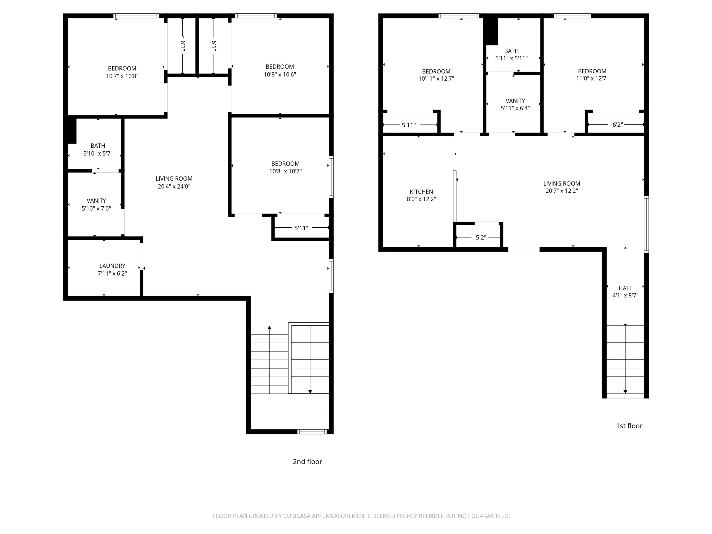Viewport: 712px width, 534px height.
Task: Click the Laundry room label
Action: [x=112, y=266]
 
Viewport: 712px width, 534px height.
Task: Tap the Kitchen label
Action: [x=421, y=192]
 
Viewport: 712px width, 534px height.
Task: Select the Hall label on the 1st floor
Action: [x=625, y=288]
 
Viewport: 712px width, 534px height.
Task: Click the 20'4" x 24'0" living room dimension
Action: [x=174, y=186]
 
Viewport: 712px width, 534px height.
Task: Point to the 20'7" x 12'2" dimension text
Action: [x=562, y=191]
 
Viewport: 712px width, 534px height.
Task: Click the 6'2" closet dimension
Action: [x=618, y=125]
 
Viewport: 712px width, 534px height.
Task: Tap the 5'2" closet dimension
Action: [x=481, y=238]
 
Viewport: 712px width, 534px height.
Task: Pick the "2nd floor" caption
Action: [x=307, y=462]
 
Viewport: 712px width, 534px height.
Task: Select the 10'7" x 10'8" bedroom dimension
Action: [x=122, y=76]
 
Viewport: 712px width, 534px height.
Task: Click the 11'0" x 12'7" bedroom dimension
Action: [x=592, y=78]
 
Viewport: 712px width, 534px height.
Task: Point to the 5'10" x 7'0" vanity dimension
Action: [x=96, y=209]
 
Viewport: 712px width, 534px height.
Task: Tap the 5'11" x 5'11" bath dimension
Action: [x=511, y=58]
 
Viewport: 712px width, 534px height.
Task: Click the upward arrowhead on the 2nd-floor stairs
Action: [x=270, y=328]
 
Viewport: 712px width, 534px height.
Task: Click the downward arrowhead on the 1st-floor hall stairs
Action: [x=625, y=392]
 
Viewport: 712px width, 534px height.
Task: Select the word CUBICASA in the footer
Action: [x=297, y=516]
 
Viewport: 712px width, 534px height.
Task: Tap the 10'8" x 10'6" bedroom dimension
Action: [x=280, y=75]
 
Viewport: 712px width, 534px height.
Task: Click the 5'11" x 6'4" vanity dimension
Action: [x=515, y=108]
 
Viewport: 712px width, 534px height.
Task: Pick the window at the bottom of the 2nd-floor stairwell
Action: [x=312, y=432]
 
